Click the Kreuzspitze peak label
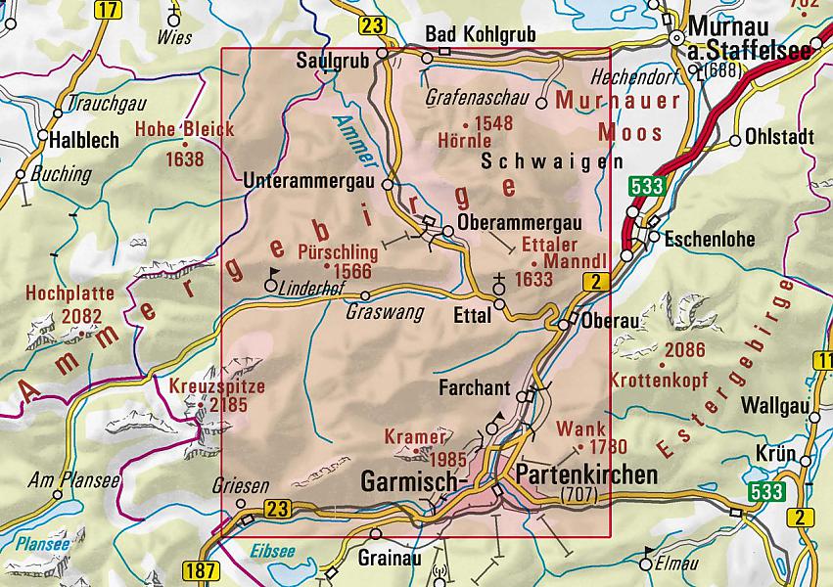217,385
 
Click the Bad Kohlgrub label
481,35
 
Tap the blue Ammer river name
348,138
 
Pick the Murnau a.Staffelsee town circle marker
675,38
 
